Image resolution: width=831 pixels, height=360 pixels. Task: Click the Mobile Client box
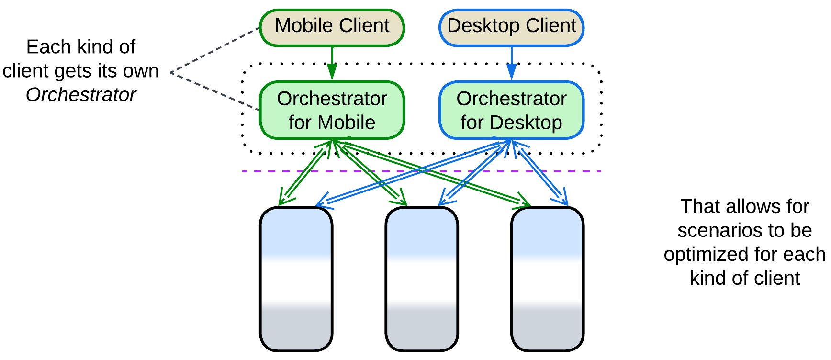click(332, 27)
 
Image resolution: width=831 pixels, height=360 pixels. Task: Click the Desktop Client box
click(511, 27)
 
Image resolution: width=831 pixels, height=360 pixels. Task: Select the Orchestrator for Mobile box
click(332, 110)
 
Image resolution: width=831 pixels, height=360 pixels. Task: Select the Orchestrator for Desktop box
click(511, 110)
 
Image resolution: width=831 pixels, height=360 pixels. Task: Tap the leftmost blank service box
click(296, 279)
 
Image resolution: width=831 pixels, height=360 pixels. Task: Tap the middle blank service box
click(422, 279)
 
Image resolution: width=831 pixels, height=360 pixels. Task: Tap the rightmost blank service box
click(547, 279)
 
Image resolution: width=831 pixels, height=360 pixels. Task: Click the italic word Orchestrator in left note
click(81, 95)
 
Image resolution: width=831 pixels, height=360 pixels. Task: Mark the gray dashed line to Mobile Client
click(215, 50)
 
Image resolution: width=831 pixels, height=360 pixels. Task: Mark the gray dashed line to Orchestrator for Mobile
click(215, 91)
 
